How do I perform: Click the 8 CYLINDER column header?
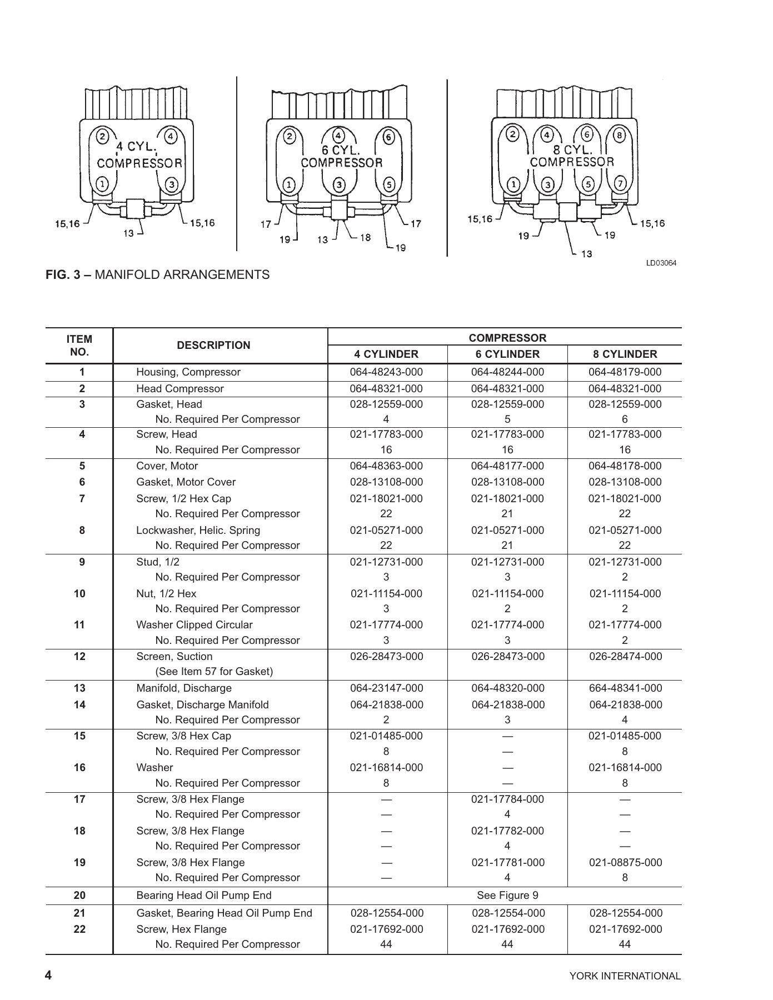(x=625, y=354)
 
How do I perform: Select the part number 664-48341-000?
(x=625, y=688)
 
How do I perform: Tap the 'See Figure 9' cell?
(x=507, y=895)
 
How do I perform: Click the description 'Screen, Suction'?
(x=174, y=656)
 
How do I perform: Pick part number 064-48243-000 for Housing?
(x=386, y=372)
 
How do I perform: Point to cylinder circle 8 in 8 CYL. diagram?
(x=620, y=134)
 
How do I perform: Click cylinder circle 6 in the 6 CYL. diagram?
(x=388, y=137)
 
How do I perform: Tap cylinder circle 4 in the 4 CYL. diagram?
(x=171, y=136)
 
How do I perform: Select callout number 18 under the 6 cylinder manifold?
(x=365, y=238)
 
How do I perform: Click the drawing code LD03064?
(x=661, y=263)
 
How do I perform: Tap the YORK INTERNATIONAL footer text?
(x=625, y=976)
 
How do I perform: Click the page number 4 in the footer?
(x=48, y=975)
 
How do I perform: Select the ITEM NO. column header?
(x=79, y=345)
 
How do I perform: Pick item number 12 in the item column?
(x=79, y=656)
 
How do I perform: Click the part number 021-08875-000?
(x=625, y=863)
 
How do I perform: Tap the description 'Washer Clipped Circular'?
(x=194, y=625)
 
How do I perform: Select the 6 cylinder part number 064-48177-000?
(x=507, y=466)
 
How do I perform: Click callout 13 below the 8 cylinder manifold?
(x=586, y=254)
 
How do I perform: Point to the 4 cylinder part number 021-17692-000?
(x=386, y=929)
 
